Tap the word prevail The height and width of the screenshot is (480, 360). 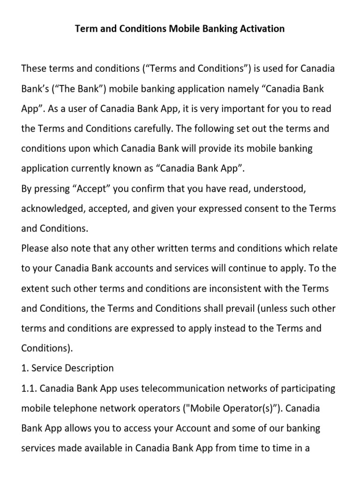[223, 308]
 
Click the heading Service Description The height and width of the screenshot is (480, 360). [72, 368]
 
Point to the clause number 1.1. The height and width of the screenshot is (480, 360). [30, 388]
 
